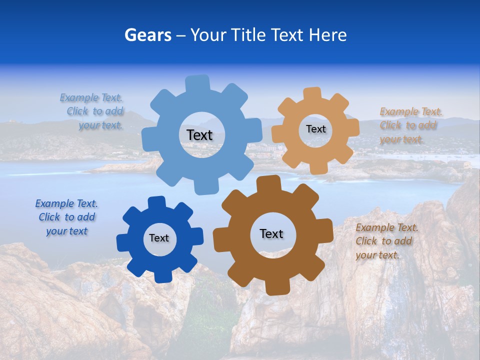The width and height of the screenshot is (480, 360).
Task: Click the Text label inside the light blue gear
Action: pos(199,135)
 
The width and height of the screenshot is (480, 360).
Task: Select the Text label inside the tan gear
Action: pos(315,129)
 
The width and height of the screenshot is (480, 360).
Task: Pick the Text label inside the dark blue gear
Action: pos(159,238)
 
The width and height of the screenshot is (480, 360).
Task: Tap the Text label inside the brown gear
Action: pos(271,233)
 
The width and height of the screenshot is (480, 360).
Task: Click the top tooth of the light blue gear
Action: pos(198,83)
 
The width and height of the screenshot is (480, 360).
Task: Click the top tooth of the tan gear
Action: pos(312,94)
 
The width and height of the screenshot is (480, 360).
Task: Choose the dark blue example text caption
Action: pos(66,217)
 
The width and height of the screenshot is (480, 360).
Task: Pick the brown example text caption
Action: pos(386,241)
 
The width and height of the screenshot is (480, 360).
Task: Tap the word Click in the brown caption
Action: pos(366,241)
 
